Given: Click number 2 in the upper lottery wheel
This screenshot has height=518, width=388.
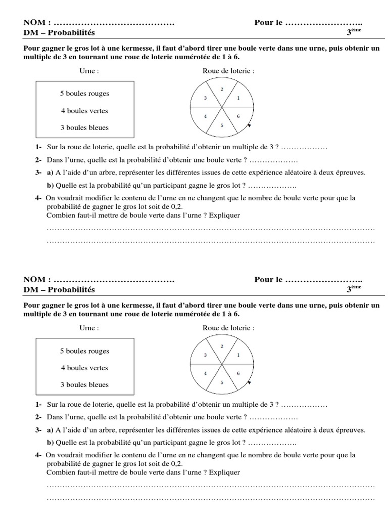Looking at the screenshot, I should coord(222,90).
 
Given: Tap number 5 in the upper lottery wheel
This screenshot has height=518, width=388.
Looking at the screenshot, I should coord(221,125).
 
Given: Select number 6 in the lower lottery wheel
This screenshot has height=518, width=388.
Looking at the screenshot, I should coord(238,373).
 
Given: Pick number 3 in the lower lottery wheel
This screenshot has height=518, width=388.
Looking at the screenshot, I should coord(205,355).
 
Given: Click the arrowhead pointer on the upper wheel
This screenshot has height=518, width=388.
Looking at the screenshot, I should coord(249,126).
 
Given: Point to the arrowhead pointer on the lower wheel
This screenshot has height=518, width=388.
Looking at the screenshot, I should coord(249,383).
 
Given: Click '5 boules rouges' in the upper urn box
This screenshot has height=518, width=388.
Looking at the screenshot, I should coord(84,94).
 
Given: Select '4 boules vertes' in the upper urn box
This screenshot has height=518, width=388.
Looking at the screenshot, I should coord(84,111).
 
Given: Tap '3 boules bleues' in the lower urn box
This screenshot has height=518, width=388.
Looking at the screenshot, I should coord(84,385).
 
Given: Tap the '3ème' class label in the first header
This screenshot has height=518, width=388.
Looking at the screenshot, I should coord(354,33).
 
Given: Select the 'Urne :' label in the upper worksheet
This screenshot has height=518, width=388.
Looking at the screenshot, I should coord(89,71).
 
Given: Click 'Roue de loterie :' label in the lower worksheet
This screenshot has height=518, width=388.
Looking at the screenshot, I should coord(228,328).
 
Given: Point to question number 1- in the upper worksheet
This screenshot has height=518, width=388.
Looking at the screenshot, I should coord(39,147).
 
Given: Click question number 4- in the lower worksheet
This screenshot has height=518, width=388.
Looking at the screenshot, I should coord(39,455).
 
